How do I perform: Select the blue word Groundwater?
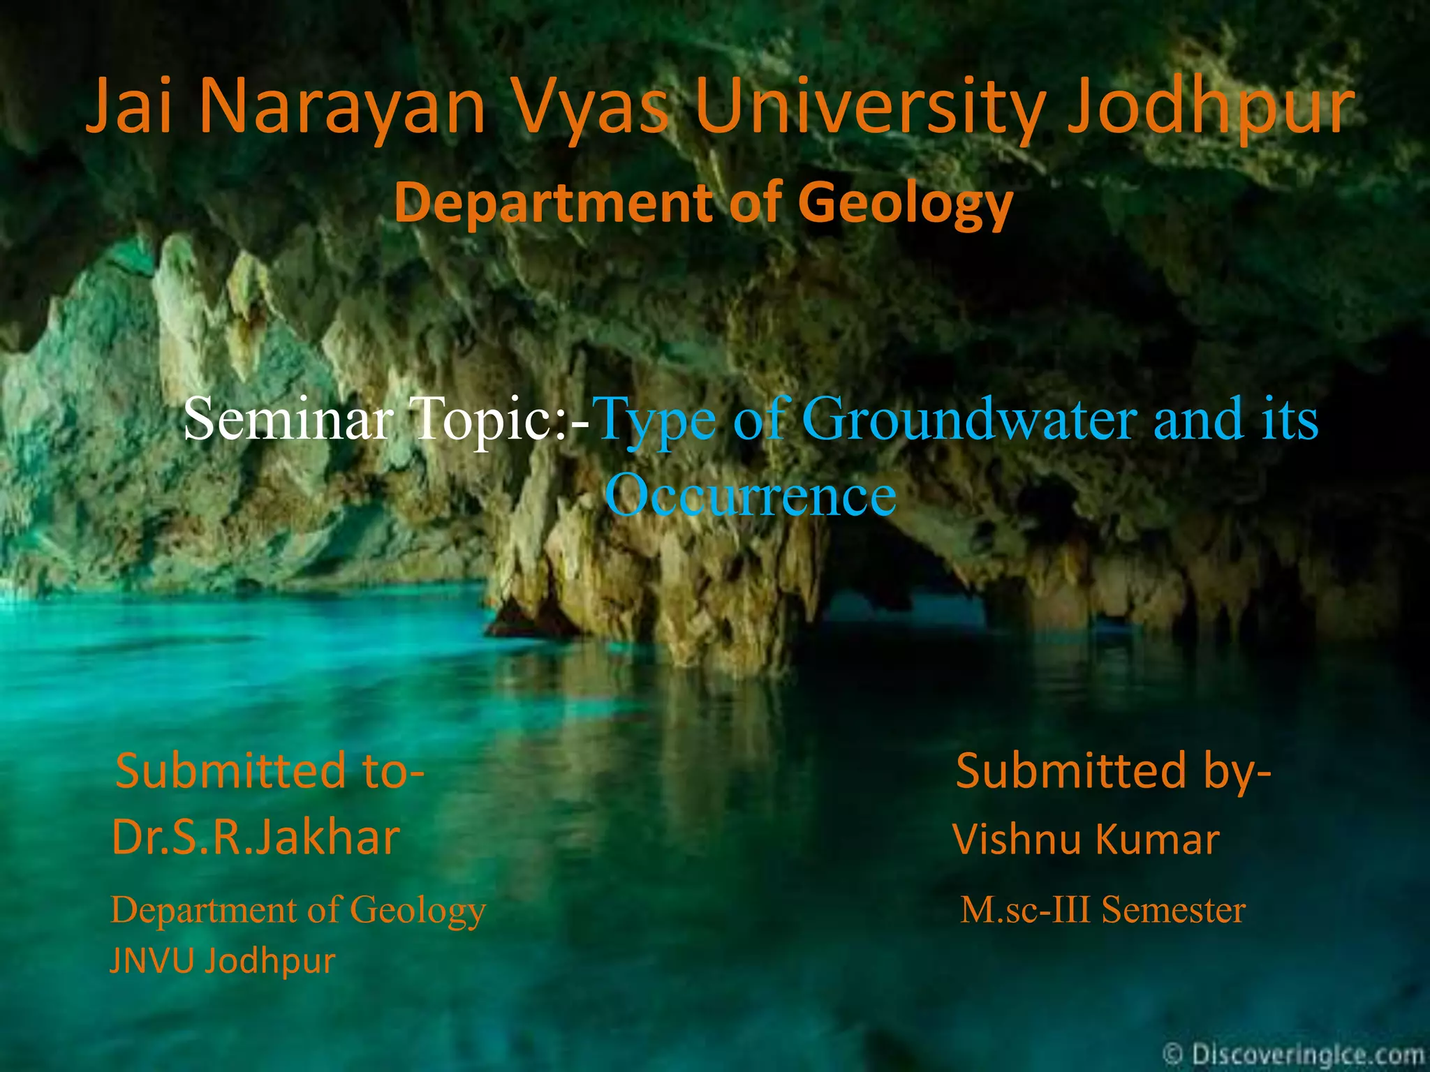pos(971,419)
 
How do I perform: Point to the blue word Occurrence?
pos(750,494)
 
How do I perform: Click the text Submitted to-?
pos(270,770)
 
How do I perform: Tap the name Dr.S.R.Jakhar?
pos(256,837)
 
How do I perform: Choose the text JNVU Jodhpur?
pos(222,960)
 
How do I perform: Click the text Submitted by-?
pos(1113,770)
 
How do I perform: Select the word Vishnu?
pos(1017,839)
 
